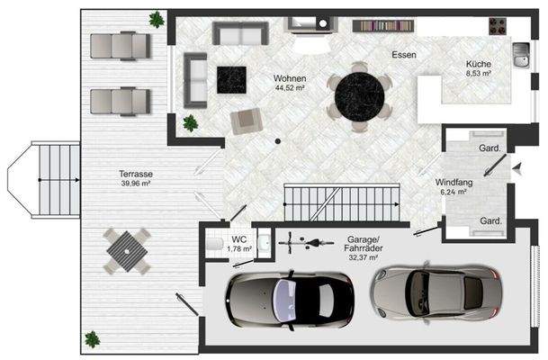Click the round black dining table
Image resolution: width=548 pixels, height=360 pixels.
(359, 96)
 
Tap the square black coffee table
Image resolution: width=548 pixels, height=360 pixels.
(231, 80)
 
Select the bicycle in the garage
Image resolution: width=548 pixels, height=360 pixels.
(306, 243)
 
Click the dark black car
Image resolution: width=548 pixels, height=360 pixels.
(290, 301)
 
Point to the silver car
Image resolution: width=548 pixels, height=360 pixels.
(436, 292)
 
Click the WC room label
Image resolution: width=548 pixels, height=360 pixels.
(239, 239)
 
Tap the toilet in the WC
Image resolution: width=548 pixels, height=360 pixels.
(214, 244)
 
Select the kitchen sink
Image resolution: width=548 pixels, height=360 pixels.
(521, 55)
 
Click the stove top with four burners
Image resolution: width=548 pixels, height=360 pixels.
(498, 26)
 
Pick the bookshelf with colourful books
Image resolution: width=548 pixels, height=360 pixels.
(383, 25)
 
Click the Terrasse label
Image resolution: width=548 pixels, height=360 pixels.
(136, 174)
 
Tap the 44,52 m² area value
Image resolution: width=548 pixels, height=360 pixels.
(290, 87)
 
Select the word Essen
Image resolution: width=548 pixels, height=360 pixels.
(404, 55)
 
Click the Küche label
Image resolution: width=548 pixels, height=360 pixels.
(479, 64)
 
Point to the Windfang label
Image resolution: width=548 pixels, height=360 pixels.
(454, 182)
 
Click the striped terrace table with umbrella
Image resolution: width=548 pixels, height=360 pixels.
(127, 251)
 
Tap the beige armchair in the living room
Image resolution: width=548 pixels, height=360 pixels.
(247, 121)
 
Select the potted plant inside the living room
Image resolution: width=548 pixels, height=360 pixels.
(191, 123)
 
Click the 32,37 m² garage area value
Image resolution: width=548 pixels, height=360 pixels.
(364, 257)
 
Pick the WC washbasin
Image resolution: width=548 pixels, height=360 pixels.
(264, 242)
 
